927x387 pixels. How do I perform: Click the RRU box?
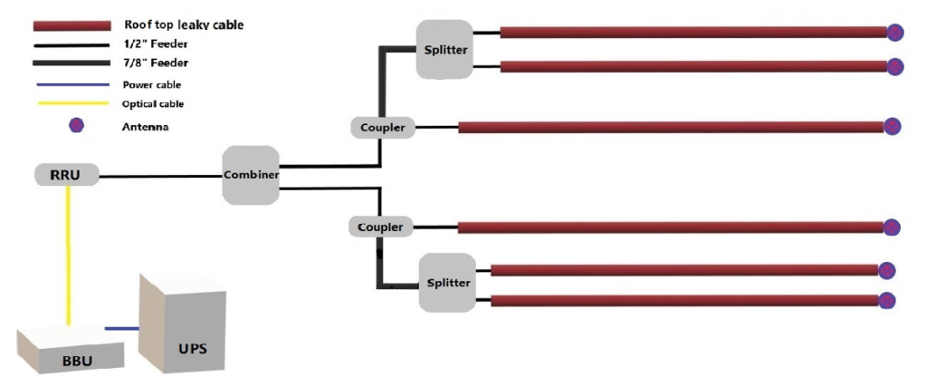point(66,175)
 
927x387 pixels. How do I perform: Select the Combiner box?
point(251,174)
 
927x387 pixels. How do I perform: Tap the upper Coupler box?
point(382,128)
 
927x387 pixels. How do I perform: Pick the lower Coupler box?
point(379,227)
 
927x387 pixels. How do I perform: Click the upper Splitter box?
point(445,49)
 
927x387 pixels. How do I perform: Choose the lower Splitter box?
point(447,283)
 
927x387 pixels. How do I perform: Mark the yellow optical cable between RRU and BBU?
point(68,254)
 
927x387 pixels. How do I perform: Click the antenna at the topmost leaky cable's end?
point(894,33)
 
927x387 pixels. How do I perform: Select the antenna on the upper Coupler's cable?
point(893,126)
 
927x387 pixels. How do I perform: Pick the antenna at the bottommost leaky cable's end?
point(887,300)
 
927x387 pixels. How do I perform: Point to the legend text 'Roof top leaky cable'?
point(183,25)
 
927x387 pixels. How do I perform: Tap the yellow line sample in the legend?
point(72,103)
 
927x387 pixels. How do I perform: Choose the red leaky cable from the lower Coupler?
point(670,227)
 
